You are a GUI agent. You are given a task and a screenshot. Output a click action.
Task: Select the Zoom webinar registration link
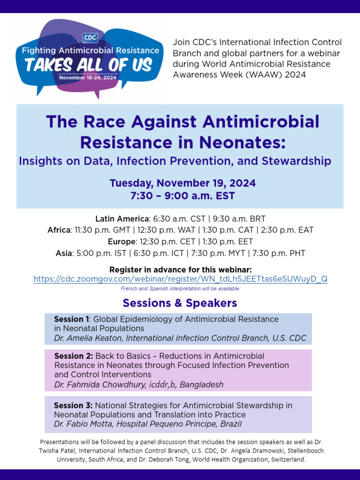180,279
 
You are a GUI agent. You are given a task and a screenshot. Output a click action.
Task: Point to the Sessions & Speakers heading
180,303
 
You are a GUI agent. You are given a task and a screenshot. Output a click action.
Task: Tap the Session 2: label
74,356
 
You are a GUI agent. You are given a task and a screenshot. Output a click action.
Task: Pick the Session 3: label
73,405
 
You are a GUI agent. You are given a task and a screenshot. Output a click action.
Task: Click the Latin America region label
122,219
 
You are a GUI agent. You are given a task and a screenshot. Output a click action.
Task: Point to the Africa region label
59,230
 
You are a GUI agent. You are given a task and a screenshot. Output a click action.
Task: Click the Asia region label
64,254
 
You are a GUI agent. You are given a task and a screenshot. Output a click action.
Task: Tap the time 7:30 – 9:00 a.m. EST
180,195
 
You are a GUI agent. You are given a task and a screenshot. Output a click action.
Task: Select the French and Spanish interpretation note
180,289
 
